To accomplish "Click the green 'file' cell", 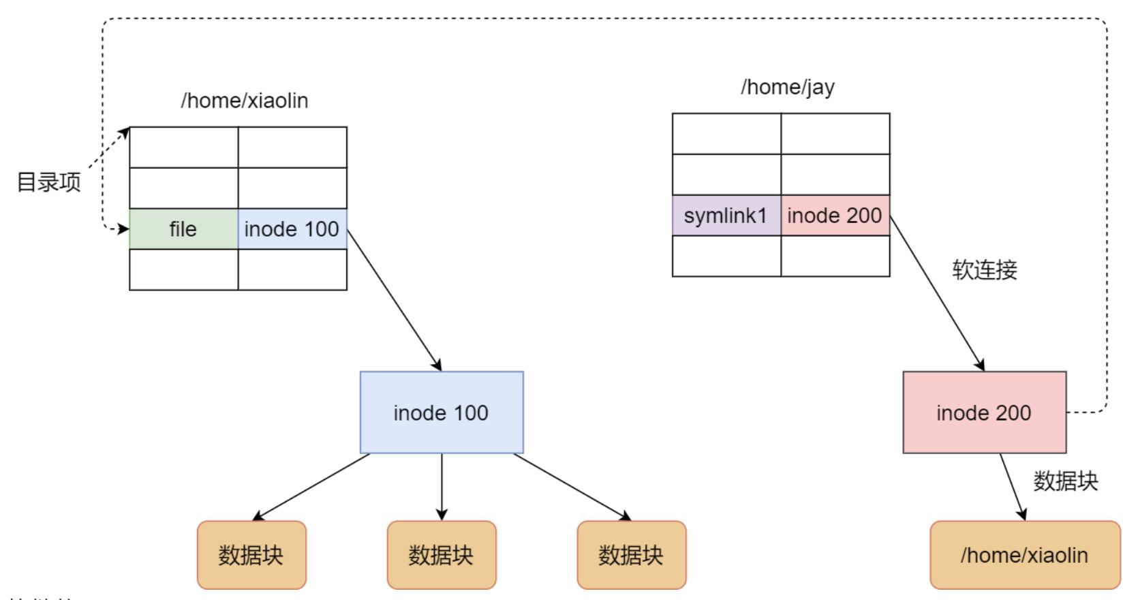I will [x=183, y=229].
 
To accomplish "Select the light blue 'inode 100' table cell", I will [x=292, y=229].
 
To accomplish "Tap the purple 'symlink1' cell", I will [x=726, y=215].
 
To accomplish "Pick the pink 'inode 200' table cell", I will [x=835, y=215].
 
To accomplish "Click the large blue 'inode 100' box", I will [x=442, y=412].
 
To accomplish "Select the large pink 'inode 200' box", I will [x=984, y=412].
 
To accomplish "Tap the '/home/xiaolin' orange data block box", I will [x=1024, y=555].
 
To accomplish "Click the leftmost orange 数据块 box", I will [x=251, y=555].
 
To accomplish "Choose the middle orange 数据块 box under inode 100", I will [x=442, y=555].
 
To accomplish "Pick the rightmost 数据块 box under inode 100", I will [x=632, y=555].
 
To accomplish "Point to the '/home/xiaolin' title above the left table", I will [x=245, y=101].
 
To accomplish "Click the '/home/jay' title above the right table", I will [x=788, y=87].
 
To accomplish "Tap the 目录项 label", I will [x=49, y=182].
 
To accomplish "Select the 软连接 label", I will [x=985, y=270].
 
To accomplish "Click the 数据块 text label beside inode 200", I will [x=1066, y=481].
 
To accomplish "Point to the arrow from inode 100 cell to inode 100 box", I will [x=394, y=299].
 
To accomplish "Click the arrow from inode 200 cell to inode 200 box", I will [x=937, y=293].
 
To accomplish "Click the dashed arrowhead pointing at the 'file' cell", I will [x=123, y=229].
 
